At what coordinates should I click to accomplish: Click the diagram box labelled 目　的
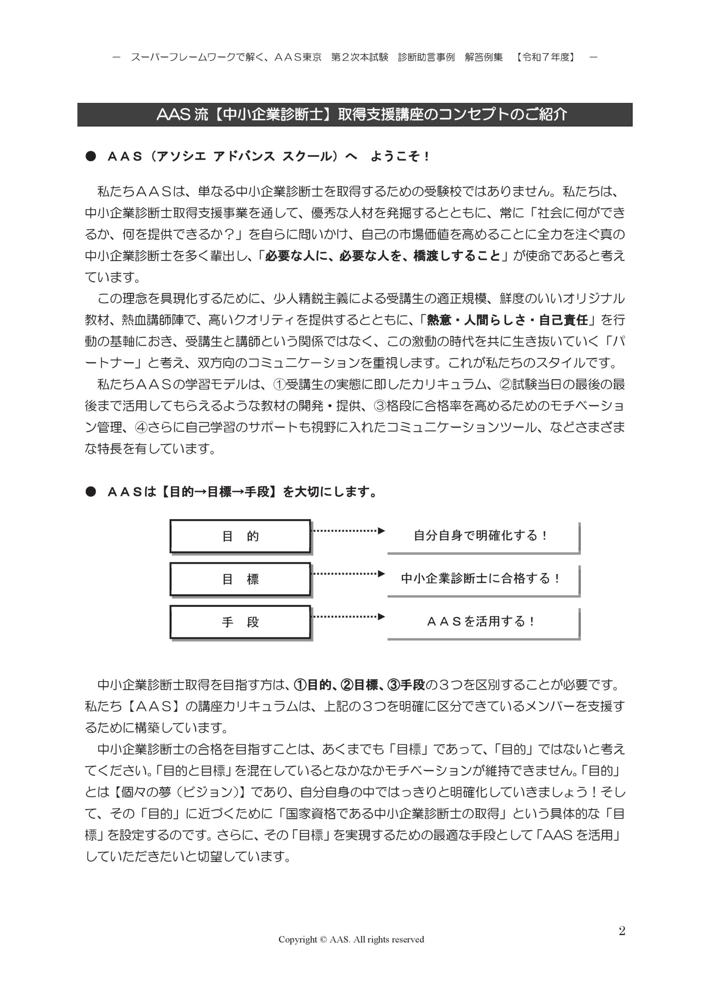240,536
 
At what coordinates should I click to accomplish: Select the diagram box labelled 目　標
240,578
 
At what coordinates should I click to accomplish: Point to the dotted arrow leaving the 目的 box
348,531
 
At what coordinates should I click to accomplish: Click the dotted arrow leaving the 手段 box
348,617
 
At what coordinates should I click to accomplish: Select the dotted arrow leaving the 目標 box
348,574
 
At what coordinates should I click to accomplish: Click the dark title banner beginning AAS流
354,115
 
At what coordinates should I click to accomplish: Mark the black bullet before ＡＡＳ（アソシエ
91,156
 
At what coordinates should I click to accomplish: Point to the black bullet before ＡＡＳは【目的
91,492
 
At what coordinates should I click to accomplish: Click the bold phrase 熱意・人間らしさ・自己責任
507,320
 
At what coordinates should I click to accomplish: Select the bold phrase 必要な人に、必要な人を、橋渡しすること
383,256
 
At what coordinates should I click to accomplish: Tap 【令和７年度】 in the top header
546,57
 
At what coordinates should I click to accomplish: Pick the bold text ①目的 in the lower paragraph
312,685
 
